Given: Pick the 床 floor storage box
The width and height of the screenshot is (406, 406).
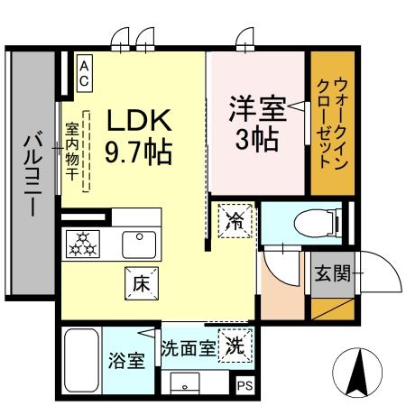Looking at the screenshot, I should coord(141,283).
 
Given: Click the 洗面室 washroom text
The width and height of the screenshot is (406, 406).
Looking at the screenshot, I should coord(188,346).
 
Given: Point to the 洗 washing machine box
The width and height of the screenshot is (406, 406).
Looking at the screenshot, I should coord(235,345).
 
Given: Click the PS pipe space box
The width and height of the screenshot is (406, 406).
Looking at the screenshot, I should coord(244,384).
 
